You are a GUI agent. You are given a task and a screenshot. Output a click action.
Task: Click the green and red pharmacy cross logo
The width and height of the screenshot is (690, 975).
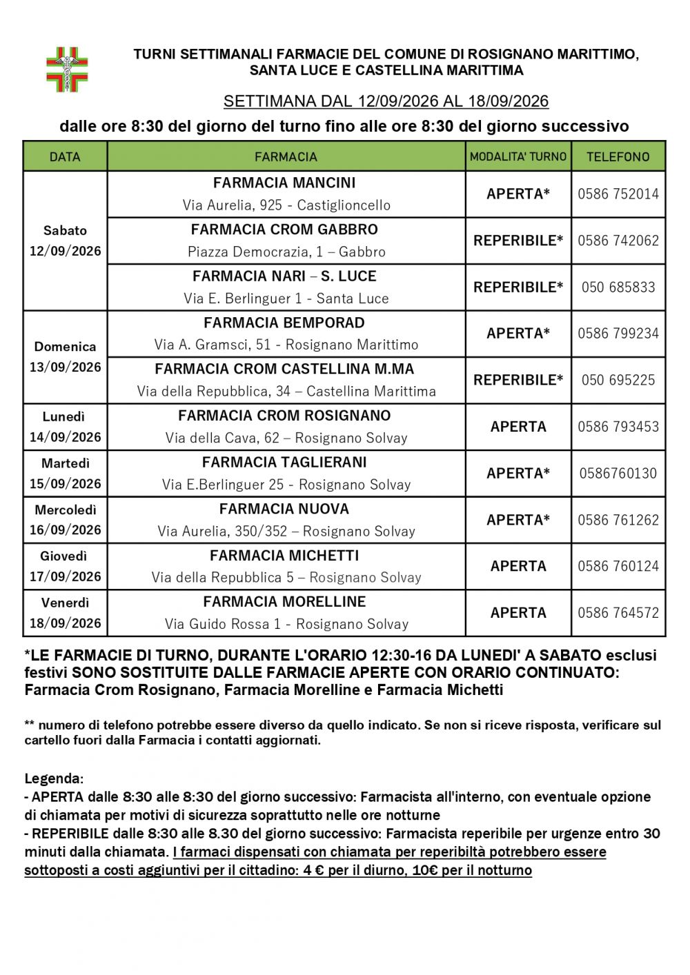tap(67, 69)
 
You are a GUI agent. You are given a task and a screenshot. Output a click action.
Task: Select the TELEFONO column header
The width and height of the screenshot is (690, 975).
tap(618, 157)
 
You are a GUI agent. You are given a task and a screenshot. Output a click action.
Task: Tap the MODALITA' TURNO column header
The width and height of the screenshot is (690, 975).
tap(518, 157)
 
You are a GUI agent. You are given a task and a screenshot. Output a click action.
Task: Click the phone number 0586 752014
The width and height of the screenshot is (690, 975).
tap(618, 194)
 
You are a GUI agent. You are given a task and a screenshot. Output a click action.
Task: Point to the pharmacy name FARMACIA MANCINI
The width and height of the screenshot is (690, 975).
tap(284, 183)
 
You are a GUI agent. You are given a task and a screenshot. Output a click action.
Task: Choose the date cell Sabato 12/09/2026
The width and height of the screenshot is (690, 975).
tap(65, 241)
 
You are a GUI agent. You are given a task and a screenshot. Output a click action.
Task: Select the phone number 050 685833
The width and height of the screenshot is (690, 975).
tap(618, 287)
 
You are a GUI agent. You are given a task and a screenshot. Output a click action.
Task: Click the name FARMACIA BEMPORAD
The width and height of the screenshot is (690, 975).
tap(284, 323)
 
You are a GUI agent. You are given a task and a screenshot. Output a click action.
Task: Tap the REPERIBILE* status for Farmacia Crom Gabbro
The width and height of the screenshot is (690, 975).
tap(518, 241)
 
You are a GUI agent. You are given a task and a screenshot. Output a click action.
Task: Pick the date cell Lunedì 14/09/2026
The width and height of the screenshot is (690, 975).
tap(65, 427)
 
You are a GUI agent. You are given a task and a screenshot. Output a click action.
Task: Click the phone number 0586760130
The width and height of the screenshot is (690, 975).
tap(618, 473)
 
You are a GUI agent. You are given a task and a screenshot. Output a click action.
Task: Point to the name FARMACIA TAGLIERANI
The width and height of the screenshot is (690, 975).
tap(284, 462)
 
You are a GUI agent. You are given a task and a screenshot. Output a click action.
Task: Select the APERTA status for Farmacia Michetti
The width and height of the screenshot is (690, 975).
tap(518, 566)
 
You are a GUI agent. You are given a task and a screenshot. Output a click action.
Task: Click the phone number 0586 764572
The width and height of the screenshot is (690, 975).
tap(618, 612)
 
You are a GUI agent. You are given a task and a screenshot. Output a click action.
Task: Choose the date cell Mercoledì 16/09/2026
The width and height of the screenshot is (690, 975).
tap(65, 520)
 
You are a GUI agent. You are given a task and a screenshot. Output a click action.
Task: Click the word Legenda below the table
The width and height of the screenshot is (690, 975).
tap(54, 778)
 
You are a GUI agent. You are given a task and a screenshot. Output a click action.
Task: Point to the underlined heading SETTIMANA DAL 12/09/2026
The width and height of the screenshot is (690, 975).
tap(386, 101)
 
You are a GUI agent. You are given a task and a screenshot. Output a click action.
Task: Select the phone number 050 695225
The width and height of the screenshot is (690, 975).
tap(618, 380)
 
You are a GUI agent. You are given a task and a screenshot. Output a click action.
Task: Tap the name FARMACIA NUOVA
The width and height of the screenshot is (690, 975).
tap(284, 509)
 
